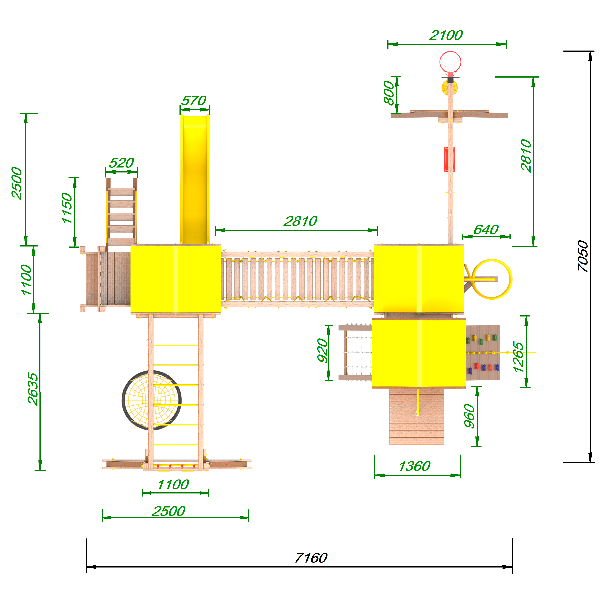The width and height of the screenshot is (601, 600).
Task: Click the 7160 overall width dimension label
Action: tap(311, 558)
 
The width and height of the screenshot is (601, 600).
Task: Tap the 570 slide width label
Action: tap(194, 101)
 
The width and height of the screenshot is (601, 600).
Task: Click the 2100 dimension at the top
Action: tap(446, 35)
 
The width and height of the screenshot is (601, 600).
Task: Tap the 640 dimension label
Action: tap(486, 230)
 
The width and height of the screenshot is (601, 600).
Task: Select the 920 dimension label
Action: tap(323, 350)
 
